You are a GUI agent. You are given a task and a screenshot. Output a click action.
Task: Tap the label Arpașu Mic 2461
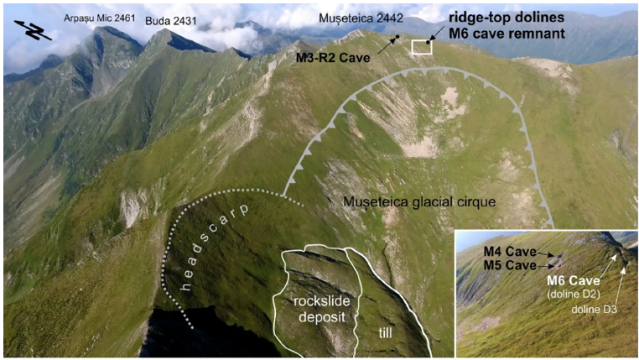98,15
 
